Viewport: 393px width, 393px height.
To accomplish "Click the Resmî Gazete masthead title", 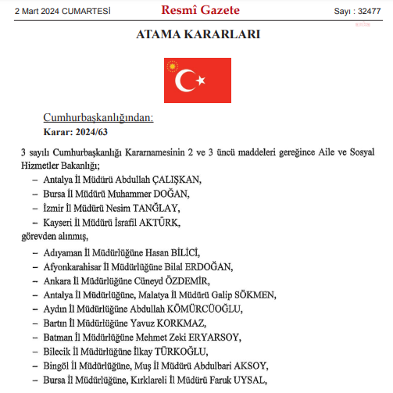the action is click(x=200, y=11).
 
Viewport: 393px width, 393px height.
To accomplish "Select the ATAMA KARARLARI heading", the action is click(x=198, y=35).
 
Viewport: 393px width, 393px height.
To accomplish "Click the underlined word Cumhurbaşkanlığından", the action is click(x=98, y=118).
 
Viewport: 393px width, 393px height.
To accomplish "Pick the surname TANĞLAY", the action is click(x=166, y=208).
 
